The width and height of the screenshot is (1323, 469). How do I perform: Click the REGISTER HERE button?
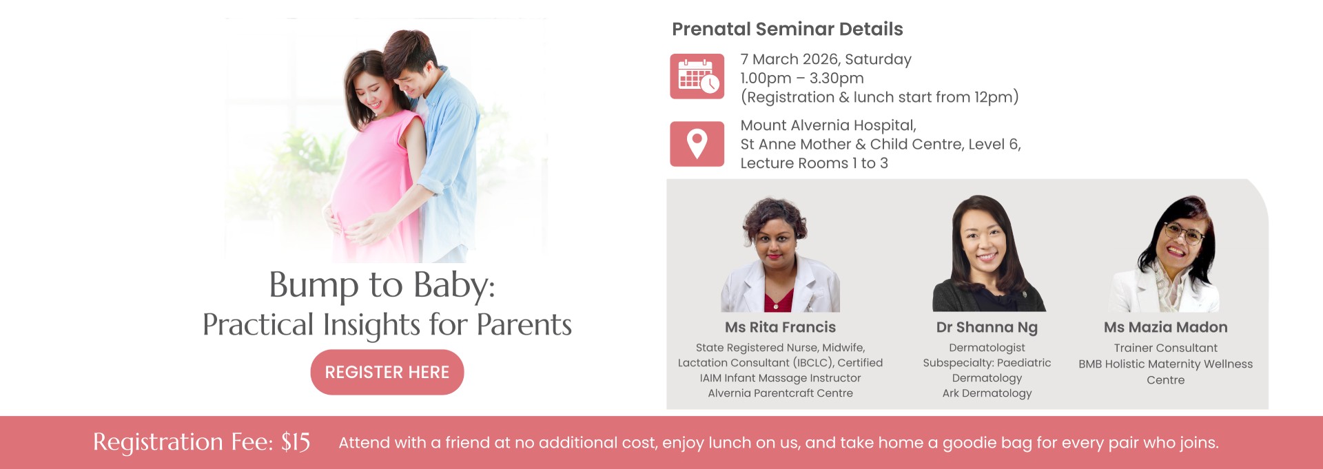[x=387, y=372]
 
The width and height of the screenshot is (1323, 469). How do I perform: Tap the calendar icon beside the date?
[x=697, y=76]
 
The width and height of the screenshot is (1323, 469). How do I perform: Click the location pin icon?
[x=697, y=144]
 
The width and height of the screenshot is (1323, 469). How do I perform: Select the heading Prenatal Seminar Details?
[x=787, y=29]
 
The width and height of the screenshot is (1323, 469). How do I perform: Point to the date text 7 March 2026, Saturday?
[x=825, y=59]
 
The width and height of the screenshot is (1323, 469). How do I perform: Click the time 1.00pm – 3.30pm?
[x=802, y=78]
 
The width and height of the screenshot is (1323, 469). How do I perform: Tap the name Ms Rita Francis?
[x=780, y=327]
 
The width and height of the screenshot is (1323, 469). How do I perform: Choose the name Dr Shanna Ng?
[x=987, y=327]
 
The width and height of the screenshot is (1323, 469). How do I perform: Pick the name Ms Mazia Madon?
[x=1166, y=327]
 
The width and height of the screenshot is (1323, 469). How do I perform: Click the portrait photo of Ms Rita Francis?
[x=780, y=255]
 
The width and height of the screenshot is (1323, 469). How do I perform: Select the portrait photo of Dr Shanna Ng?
[x=988, y=253]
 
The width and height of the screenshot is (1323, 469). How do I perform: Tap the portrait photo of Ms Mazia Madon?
[x=1166, y=253]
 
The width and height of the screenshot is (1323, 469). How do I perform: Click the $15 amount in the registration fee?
[x=296, y=442]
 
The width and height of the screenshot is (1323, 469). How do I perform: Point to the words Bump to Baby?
[x=382, y=284]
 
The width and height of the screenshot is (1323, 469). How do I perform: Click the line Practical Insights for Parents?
[x=387, y=324]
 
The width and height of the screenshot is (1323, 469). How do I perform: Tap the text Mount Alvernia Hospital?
[x=828, y=125]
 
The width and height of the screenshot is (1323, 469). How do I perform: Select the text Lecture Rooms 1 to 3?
[x=814, y=163]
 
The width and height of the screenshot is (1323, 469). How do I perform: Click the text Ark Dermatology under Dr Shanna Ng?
[x=987, y=393]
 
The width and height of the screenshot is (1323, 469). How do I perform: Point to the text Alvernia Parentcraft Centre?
[x=780, y=393]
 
